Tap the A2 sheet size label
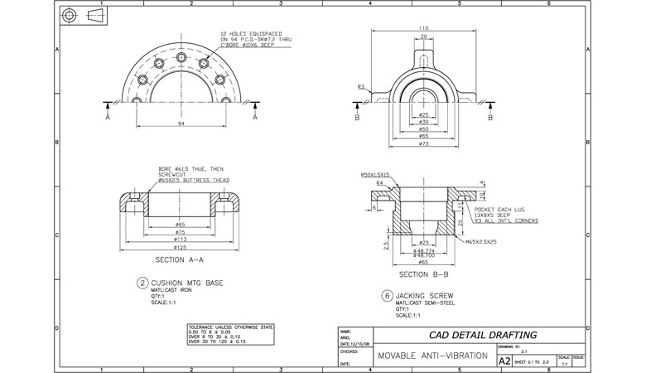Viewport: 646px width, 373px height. [x=504, y=361]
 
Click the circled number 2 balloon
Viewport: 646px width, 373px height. [x=142, y=282]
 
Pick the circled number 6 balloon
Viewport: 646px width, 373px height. [x=386, y=294]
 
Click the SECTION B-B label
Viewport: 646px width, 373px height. [x=423, y=274]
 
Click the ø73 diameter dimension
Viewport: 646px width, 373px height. [x=424, y=143]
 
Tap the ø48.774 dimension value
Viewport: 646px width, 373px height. [x=424, y=250]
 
